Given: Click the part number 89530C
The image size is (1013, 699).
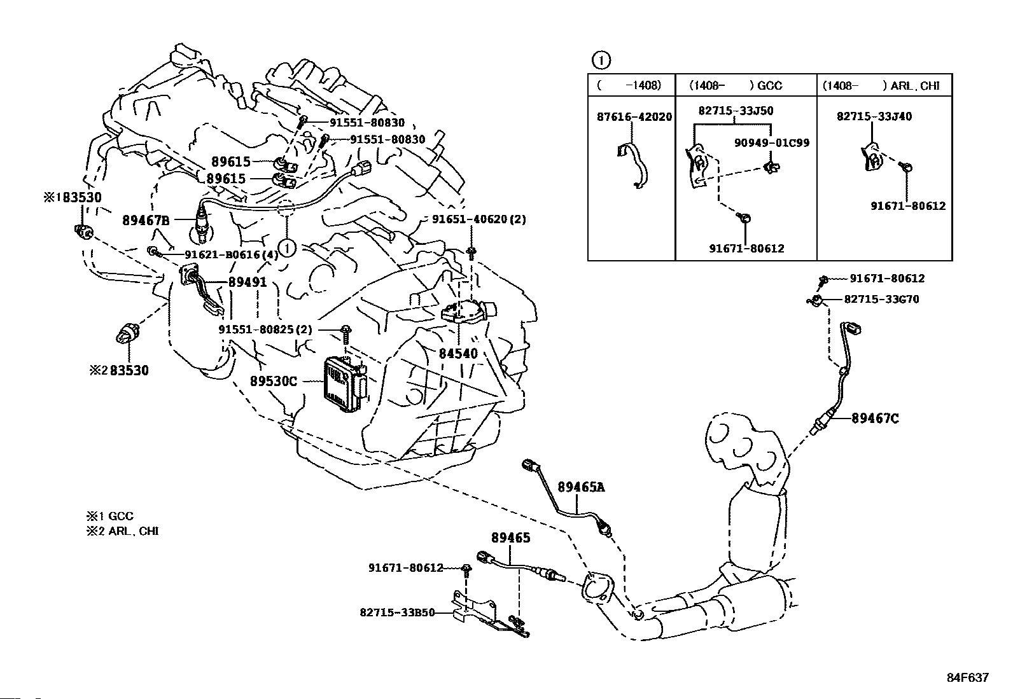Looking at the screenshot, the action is [274, 382].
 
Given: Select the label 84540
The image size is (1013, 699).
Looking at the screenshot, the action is [458, 354].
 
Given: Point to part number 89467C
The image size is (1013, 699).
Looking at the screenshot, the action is [875, 419].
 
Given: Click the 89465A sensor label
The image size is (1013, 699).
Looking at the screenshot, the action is [581, 487].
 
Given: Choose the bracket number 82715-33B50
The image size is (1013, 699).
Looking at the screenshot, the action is [397, 612].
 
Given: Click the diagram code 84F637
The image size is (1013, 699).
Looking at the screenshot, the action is [968, 677].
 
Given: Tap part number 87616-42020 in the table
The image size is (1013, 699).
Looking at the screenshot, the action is [634, 116].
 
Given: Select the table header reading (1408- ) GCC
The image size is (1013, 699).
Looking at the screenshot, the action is [736, 85].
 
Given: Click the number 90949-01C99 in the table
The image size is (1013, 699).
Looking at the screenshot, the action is [772, 143].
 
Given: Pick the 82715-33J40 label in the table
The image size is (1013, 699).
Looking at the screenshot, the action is [874, 116].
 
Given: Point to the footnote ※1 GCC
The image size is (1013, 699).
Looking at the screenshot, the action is [110, 516].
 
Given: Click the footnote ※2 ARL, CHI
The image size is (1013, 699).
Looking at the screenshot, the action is [123, 531].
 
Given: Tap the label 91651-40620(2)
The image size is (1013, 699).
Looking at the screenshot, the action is [479, 219].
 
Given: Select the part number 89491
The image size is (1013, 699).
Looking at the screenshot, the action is [248, 282].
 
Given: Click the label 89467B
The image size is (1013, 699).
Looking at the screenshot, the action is [146, 220].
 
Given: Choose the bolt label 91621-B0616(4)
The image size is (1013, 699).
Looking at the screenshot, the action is [232, 254].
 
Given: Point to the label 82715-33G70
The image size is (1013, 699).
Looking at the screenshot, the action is [882, 300].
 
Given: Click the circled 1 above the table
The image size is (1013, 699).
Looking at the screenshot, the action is [601, 60].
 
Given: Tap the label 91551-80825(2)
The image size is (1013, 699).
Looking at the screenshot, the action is [265, 329].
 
